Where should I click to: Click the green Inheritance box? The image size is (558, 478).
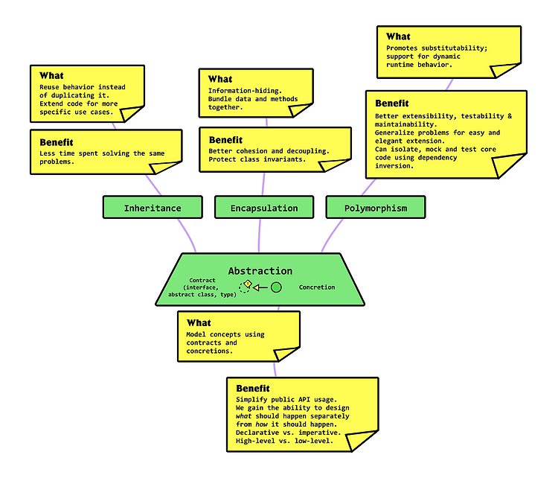pos(153,207)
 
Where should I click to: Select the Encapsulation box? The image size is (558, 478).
pos(264,207)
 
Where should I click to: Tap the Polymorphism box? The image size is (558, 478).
pos(376,207)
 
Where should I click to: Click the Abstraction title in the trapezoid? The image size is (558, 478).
pos(260,271)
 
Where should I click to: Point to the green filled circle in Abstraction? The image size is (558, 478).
pos(276,287)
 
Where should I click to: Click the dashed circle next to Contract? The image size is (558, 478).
pos(245,287)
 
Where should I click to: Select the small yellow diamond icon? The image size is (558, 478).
pos(248,284)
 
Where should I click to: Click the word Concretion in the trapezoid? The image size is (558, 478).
pos(317,287)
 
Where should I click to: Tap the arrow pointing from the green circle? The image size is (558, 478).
pos(260,287)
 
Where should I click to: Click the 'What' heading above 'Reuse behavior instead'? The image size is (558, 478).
pos(51,75)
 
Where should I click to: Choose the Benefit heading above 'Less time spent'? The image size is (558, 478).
pos(57,142)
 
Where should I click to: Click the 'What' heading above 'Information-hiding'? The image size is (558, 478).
pos(220,79)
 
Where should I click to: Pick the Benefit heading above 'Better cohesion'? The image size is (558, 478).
pos(225,140)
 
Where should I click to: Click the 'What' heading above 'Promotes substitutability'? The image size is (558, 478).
pos(398,36)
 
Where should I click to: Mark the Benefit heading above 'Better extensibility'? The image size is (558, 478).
pos(392,103)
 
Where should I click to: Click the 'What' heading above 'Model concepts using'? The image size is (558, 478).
pos(199,322)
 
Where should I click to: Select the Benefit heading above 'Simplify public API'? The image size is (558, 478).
pos(253,388)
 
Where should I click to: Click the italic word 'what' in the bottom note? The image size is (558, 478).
pos(243,416)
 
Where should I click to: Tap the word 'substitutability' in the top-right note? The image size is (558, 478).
pos(455,48)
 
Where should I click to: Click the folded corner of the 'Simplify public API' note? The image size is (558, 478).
pos(359,439)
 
